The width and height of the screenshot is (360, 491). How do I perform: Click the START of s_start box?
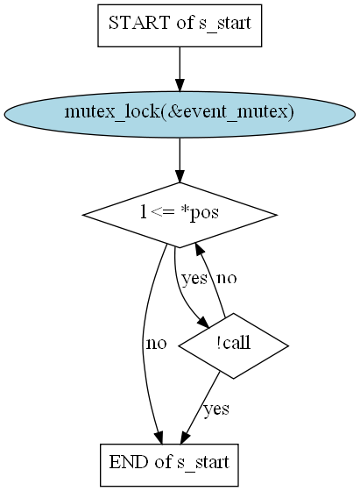(180, 25)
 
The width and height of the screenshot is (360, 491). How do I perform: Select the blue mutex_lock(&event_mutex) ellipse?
(180, 114)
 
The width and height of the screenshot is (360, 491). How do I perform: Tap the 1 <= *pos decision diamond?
(180, 215)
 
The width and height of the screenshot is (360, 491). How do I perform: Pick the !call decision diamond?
(233, 345)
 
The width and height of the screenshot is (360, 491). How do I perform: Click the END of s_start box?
(169, 465)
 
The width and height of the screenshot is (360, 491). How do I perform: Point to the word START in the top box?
(139, 23)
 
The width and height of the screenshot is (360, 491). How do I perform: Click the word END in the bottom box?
(129, 462)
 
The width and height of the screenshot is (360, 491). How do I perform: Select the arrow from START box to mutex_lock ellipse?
(180, 69)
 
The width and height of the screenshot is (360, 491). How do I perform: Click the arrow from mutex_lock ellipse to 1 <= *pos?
(180, 160)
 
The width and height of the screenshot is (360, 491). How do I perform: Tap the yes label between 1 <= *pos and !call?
(194, 279)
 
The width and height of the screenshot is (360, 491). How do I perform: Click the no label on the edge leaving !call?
(227, 279)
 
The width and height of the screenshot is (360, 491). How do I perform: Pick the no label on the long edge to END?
(157, 344)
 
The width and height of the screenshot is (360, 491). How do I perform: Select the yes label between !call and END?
(216, 409)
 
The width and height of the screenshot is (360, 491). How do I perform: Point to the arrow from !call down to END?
(201, 408)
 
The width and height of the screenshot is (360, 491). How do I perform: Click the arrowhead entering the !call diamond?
(203, 323)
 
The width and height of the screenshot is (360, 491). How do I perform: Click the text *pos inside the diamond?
(200, 214)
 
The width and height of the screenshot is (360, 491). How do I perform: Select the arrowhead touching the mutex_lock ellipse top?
(180, 85)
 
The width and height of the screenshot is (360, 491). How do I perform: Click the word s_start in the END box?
(203, 463)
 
